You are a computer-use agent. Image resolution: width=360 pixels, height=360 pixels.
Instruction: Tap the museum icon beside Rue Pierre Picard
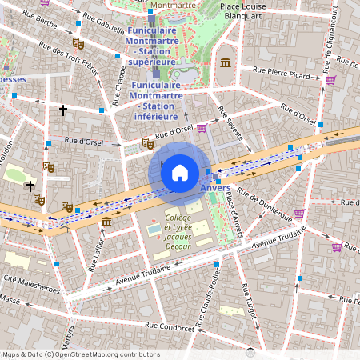pos(226,62)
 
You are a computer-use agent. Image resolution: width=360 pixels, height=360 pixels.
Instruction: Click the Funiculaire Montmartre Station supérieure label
pos(151,46)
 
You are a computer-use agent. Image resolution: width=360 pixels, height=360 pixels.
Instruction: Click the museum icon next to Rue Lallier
pos(106,221)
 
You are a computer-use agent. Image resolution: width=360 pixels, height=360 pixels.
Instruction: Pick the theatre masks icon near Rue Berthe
pos(78,44)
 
